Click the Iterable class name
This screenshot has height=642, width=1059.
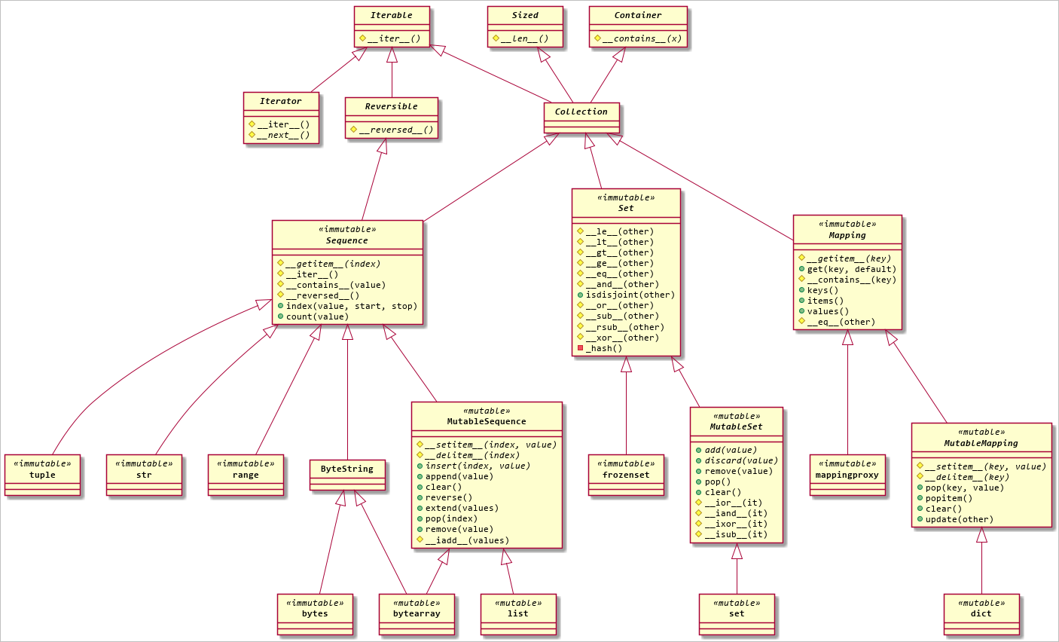point(392,15)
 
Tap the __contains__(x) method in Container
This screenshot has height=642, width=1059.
point(642,38)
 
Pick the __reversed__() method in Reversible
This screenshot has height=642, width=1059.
point(396,130)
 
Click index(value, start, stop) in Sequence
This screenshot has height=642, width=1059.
point(351,306)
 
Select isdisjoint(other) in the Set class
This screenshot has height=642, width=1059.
point(630,295)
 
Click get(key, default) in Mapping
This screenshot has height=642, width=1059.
point(852,269)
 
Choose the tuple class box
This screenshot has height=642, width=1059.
point(42,475)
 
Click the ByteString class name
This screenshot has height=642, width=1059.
point(347,469)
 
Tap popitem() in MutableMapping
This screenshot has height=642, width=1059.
point(949,498)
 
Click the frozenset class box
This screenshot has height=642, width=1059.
point(626,475)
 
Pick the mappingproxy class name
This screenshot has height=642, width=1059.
point(847,475)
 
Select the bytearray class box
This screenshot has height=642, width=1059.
point(417,613)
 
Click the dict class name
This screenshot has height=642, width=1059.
point(981,613)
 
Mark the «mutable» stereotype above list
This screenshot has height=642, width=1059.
point(518,603)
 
